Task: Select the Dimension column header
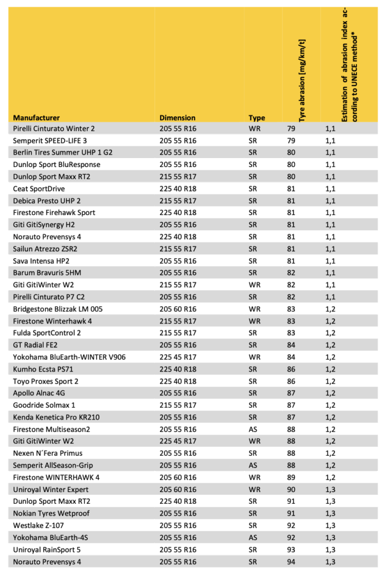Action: [x=177, y=118]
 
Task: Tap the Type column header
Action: [x=257, y=118]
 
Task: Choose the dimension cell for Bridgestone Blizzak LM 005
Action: [x=178, y=309]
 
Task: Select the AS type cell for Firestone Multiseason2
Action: [x=252, y=429]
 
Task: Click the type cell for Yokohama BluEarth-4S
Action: [x=252, y=537]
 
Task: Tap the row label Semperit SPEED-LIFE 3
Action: [x=50, y=140]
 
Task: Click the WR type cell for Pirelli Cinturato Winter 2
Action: [x=253, y=128]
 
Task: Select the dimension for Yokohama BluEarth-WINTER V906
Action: [x=178, y=357]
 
